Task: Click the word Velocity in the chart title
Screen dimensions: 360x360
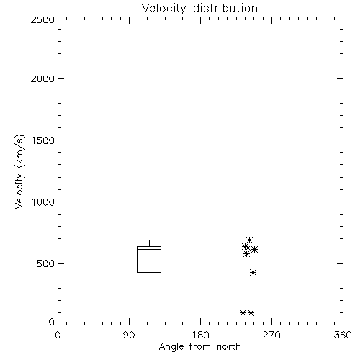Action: pos(163,9)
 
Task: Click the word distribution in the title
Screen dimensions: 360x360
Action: pos(225,8)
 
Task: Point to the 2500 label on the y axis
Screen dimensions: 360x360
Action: pos(42,19)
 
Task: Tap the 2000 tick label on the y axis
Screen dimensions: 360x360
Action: pos(42,79)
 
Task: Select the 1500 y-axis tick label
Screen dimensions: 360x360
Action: pos(43,140)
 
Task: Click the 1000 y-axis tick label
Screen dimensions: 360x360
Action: pos(43,202)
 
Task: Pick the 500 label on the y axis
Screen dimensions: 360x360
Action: pos(46,264)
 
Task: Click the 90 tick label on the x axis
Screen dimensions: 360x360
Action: pos(129,335)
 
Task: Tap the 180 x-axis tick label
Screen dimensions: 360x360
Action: pos(200,335)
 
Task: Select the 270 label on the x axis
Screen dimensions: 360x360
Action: pos(271,335)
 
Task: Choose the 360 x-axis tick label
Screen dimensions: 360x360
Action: pos(343,335)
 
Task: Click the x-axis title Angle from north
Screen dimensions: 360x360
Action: pos(199,347)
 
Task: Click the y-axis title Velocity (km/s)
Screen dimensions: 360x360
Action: pos(19,171)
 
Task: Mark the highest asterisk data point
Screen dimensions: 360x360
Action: pos(249,240)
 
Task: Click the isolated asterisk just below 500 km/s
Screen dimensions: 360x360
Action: pos(253,273)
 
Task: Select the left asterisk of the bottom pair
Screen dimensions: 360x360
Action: pos(243,312)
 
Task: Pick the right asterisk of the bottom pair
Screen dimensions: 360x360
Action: pos(251,312)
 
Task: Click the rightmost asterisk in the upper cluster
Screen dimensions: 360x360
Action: pos(254,250)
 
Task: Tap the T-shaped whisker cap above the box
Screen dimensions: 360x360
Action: pos(149,240)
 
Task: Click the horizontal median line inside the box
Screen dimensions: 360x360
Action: pos(149,249)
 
